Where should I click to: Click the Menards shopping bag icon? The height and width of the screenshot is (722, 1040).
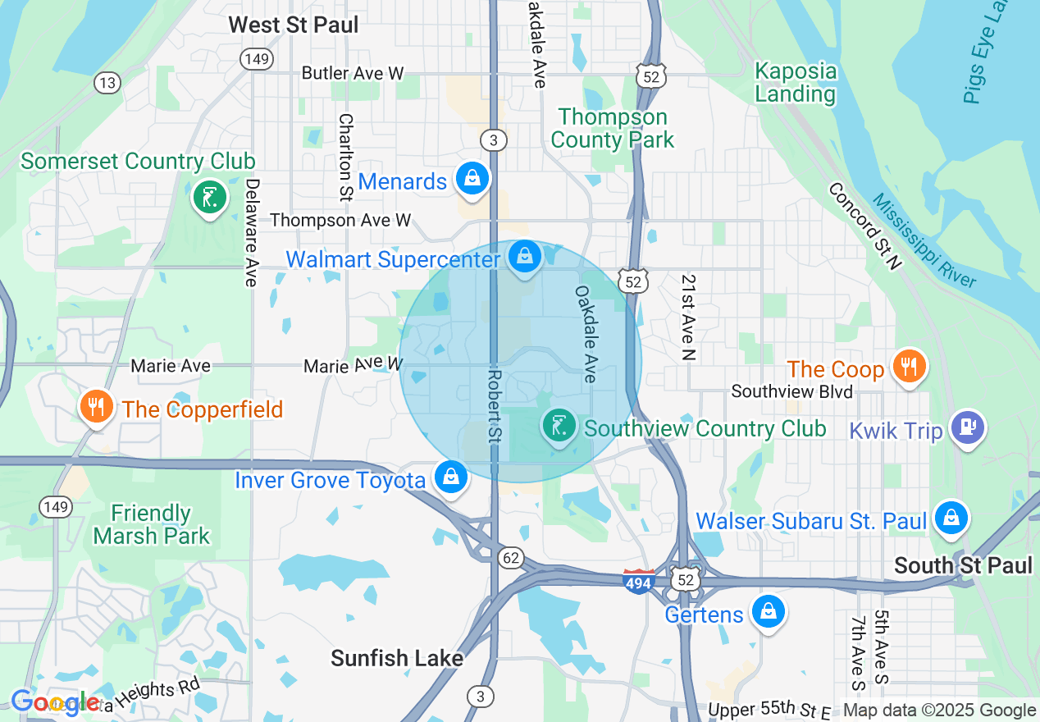click(472, 178)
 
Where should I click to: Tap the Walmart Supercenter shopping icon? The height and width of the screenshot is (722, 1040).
click(524, 258)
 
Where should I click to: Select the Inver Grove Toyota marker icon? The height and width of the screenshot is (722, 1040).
click(450, 477)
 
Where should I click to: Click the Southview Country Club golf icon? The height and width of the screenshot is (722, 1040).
click(559, 427)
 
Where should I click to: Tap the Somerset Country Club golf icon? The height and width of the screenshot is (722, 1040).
click(210, 197)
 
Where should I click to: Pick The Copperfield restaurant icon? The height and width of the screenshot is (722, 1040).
click(97, 406)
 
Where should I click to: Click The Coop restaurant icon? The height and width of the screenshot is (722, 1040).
click(908, 366)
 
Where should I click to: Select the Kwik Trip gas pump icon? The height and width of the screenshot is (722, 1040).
click(968, 427)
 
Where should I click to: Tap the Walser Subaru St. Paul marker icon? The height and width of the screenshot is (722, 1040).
click(951, 518)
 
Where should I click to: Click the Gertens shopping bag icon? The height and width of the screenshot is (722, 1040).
click(769, 611)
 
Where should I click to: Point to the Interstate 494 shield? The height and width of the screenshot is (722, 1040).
click(639, 582)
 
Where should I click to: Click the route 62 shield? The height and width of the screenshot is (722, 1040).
click(511, 558)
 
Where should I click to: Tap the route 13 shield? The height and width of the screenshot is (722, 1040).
click(107, 82)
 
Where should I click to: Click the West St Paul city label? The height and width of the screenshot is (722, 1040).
click(293, 25)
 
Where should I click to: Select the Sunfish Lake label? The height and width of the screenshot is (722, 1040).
click(397, 658)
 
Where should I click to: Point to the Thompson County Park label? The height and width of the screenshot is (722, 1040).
click(612, 128)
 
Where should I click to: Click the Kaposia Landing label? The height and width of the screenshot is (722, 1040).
click(795, 82)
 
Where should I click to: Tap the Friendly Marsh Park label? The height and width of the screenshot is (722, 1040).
click(151, 525)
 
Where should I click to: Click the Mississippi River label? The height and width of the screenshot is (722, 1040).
click(924, 240)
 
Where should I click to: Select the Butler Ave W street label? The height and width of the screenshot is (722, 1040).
click(353, 73)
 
